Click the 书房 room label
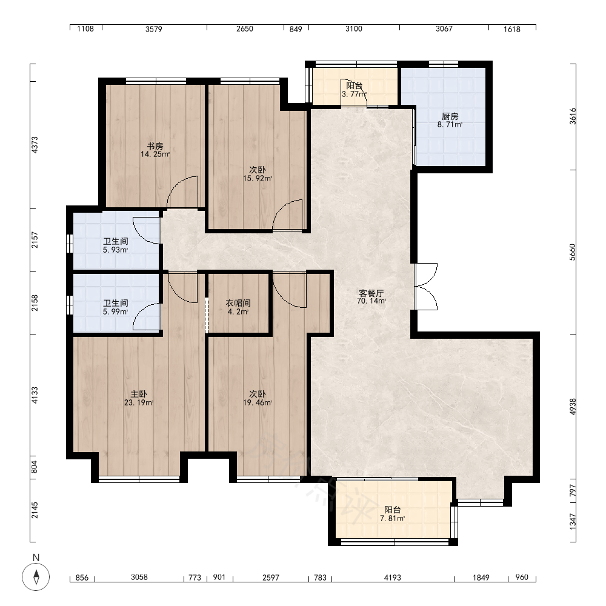[155, 146]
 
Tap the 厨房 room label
[450, 116]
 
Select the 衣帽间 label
[238, 304]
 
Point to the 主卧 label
[138, 395]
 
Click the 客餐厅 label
[371, 293]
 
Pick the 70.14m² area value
[371, 301]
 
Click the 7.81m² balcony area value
[392, 519]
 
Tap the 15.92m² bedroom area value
[258, 179]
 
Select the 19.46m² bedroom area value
[258, 403]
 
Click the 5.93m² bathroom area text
[115, 250]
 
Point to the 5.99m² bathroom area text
[115, 312]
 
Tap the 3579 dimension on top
[154, 29]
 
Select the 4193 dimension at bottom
[392, 578]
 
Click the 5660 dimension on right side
[573, 252]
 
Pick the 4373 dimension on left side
[35, 145]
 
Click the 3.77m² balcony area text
[354, 94]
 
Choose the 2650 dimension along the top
[245, 29]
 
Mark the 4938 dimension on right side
[573, 407]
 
